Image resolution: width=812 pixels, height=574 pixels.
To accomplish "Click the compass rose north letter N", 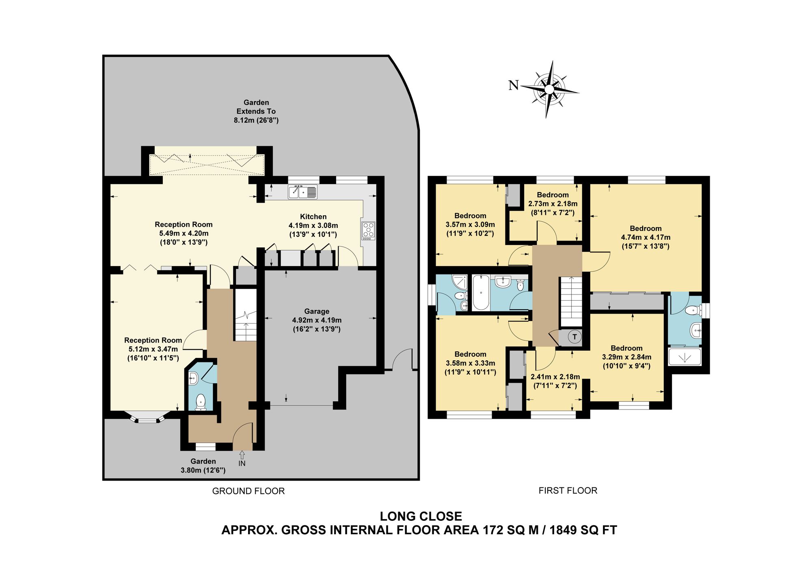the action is click(514, 85).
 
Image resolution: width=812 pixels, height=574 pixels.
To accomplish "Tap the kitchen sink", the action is click(303, 192).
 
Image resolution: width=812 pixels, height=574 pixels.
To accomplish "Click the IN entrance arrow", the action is click(242, 454).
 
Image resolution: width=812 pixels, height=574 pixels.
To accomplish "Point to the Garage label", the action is click(317, 311).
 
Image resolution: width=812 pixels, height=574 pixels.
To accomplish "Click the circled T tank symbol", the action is click(574, 337).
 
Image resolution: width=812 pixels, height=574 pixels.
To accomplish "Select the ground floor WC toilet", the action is click(201, 402).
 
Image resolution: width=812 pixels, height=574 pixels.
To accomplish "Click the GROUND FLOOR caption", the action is click(248, 491).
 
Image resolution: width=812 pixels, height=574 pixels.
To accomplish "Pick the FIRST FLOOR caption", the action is click(568, 491).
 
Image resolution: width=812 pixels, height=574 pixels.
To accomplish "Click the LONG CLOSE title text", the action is click(421, 516).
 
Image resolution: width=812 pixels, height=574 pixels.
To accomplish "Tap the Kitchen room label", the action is click(313, 217).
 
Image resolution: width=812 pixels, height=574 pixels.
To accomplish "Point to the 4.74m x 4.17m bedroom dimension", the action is click(646, 237).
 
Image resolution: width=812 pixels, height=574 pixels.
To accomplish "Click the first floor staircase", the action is click(571, 301).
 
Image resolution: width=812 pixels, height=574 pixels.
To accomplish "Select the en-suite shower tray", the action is click(685, 356).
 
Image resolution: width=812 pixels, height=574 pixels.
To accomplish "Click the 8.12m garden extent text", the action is click(256, 120).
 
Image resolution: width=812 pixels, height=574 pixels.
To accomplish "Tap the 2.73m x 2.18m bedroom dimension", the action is click(553, 204).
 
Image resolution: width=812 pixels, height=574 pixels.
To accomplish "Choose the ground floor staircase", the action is click(246, 315).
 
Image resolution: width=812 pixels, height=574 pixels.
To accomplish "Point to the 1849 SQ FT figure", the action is click(583, 530).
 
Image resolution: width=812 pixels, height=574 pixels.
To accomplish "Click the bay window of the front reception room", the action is click(147, 418).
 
